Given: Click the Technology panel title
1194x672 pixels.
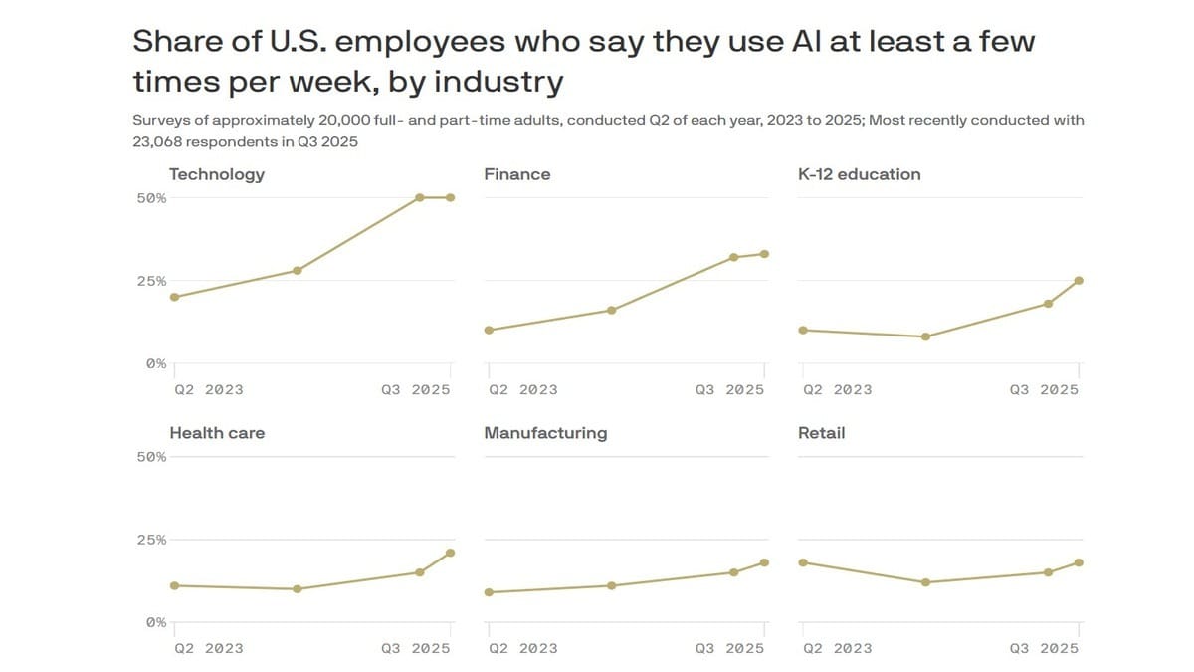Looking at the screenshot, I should pos(217,174).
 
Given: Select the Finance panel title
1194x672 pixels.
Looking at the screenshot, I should pos(516,174).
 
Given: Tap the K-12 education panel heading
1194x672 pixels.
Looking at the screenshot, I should pos(859,174).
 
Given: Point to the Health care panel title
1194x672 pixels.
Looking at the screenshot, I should pos(217,433).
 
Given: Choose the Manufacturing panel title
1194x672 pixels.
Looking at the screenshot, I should pos(544,433).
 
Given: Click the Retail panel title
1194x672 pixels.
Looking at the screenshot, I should pos(821,433).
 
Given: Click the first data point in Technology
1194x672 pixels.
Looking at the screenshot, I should pos(175,297).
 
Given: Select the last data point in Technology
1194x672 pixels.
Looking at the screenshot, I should pos(451,197).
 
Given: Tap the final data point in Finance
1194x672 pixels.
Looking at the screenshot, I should pos(765,254).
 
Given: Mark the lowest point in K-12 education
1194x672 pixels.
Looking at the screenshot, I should pos(925,336).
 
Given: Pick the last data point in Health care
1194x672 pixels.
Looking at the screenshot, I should pos(451,553).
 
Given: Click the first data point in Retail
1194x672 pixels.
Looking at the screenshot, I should pos(803,562).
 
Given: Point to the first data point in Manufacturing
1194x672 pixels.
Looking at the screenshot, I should pos(489,592).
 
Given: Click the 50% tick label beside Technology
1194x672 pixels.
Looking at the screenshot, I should pos(151,198).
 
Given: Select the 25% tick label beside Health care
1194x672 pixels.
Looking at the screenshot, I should pos(151,540).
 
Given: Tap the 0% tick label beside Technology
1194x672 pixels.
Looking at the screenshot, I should pos(156,364).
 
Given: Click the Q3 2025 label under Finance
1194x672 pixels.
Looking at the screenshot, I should pos(729,390).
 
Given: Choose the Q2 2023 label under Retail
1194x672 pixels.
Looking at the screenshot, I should pos(837,649).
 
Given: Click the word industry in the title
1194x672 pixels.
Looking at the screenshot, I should pos(500,81).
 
